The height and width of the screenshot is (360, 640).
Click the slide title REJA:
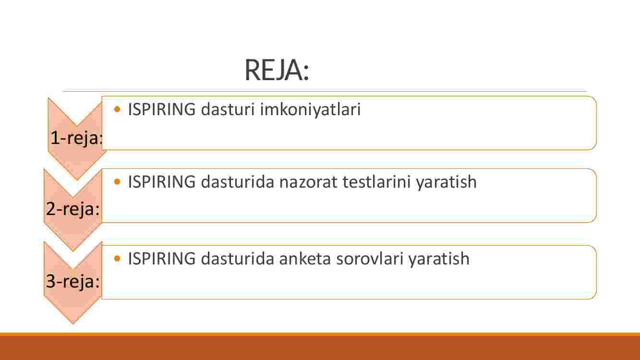[277, 70]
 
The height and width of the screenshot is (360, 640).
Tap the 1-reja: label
[76, 138]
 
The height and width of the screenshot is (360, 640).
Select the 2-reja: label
[73, 209]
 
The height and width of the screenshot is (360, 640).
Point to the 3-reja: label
[73, 281]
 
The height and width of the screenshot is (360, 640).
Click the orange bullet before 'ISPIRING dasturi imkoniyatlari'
[117, 109]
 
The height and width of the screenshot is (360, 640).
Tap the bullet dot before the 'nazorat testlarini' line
[117, 181]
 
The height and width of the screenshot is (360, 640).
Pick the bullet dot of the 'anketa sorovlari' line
[117, 258]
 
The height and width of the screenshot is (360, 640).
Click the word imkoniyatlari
[310, 110]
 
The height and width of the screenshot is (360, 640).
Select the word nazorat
[308, 182]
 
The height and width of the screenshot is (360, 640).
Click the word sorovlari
[369, 259]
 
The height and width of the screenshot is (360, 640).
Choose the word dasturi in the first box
[228, 109]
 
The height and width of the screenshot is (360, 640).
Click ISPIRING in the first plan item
[162, 109]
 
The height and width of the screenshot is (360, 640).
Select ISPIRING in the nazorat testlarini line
[162, 182]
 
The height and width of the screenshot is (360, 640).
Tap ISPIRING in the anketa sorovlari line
[162, 259]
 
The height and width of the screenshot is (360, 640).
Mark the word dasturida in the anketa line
[238, 259]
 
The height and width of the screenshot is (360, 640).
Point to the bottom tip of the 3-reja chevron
[73, 324]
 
